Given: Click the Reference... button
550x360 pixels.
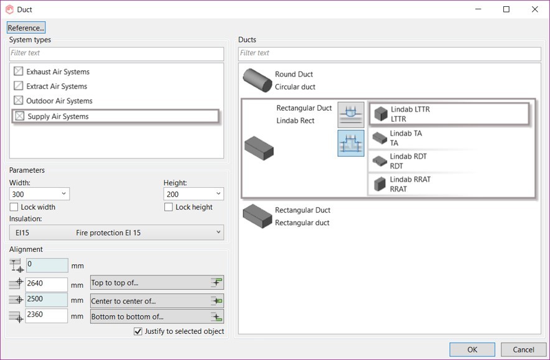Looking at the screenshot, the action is tap(26, 28).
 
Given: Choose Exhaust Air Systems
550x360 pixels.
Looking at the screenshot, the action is tap(58, 72).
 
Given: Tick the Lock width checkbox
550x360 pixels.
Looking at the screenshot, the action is tap(14, 207).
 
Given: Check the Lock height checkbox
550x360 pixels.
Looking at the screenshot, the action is tap(169, 207).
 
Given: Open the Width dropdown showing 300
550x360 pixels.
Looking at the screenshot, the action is tap(39, 194).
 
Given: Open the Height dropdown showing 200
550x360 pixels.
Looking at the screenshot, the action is tap(193, 194).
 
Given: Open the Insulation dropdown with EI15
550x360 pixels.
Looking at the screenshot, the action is tap(116, 233).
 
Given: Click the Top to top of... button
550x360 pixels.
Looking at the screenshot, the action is tap(157, 282).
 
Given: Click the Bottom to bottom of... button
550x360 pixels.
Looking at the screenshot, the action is tap(157, 316).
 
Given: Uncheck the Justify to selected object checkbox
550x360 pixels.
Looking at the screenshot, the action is tap(138, 331).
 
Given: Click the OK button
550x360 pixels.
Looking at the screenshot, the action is tap(472, 349).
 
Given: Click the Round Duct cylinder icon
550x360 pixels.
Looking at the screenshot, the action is tap(258, 80).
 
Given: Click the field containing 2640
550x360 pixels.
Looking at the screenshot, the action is tap(46, 284).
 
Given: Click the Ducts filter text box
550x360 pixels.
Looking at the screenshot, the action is tap(389, 53).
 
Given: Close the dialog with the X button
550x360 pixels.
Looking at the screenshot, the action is tap(534, 9).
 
